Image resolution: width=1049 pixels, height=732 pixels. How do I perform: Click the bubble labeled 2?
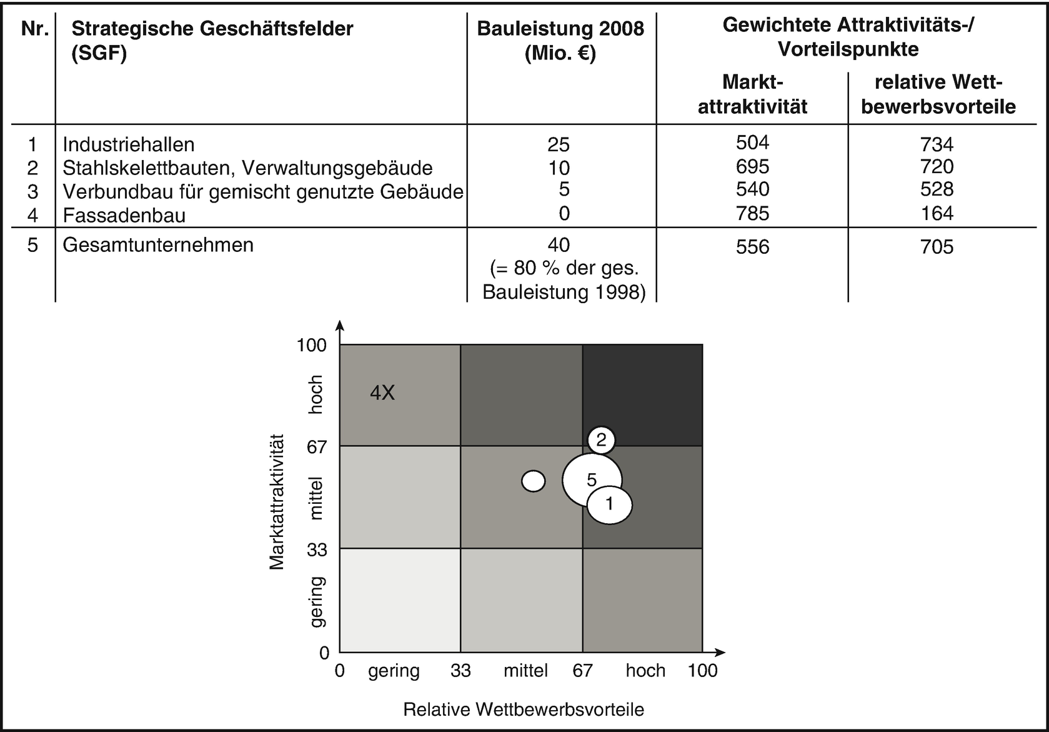601,440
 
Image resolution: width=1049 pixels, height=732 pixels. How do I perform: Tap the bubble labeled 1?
610,504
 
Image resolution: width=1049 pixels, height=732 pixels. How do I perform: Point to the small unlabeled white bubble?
534,481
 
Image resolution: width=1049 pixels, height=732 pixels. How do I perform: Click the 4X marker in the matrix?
382,393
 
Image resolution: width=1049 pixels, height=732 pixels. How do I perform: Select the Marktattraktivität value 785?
752,214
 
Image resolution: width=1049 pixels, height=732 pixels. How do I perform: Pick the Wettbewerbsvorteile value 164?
937,214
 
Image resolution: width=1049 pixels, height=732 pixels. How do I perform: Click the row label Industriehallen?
129,144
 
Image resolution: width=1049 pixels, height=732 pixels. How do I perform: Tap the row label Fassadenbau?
124,215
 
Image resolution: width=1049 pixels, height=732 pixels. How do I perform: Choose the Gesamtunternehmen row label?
158,244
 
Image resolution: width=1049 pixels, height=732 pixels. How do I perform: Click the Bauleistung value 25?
559,144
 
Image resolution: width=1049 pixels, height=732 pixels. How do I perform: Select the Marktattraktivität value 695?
752,167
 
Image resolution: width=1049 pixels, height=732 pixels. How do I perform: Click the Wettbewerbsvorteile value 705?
937,247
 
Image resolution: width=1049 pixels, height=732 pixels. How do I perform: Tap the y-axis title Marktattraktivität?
277,502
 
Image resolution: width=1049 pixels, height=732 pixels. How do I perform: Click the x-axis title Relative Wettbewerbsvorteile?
524,709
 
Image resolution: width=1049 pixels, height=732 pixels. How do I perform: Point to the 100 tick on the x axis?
703,671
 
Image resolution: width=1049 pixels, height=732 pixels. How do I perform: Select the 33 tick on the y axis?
317,549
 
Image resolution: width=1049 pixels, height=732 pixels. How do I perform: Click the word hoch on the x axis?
645,671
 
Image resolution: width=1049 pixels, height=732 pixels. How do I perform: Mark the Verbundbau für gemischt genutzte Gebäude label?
263,191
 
